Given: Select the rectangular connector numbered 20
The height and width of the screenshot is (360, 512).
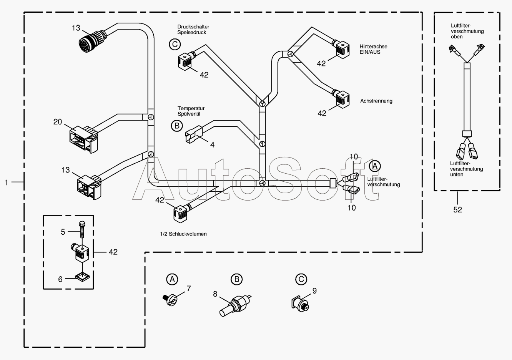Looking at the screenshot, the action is (x=84, y=139).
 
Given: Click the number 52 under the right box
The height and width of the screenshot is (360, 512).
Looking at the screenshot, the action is (x=457, y=209).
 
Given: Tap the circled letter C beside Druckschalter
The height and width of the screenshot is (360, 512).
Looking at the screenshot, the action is (x=175, y=44).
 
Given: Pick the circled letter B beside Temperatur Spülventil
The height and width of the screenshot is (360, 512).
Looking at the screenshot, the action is (x=177, y=126).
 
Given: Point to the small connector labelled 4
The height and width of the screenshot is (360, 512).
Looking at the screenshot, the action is (x=194, y=134).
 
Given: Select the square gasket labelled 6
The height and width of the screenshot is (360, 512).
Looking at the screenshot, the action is (x=82, y=277).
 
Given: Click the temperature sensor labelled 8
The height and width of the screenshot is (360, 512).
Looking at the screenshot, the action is (x=235, y=306).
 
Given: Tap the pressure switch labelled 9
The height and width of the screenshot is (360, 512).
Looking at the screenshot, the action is (x=300, y=303).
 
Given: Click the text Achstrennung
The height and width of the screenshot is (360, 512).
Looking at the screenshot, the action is (x=376, y=101).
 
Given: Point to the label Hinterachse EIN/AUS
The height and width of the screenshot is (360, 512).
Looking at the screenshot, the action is (x=374, y=49).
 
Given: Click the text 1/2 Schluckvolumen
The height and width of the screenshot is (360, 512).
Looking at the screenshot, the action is (x=183, y=234).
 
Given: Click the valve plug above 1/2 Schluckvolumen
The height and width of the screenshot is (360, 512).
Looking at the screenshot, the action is (x=182, y=213).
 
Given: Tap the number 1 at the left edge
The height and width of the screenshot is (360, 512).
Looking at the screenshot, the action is (x=7, y=182).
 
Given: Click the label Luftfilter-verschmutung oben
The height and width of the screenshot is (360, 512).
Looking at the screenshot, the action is (x=467, y=31).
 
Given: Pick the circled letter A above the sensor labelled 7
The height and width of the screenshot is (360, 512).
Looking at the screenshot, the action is (x=172, y=279).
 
